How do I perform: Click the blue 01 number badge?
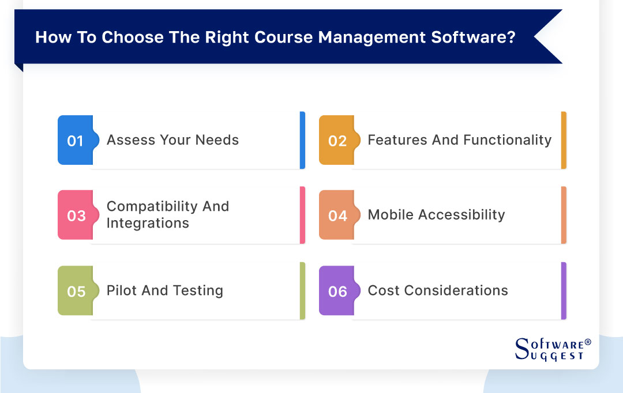click(75, 141)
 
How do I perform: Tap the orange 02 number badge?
click(337, 141)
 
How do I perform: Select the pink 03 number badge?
click(76, 216)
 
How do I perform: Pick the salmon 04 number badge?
click(337, 216)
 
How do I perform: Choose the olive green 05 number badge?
click(76, 291)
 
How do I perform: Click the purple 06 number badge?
click(337, 291)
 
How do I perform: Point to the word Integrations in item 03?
click(148, 224)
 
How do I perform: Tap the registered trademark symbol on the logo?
click(588, 342)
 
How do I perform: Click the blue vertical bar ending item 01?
click(302, 141)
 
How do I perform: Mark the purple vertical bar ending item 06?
click(564, 291)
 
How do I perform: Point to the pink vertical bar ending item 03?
click(302, 216)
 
